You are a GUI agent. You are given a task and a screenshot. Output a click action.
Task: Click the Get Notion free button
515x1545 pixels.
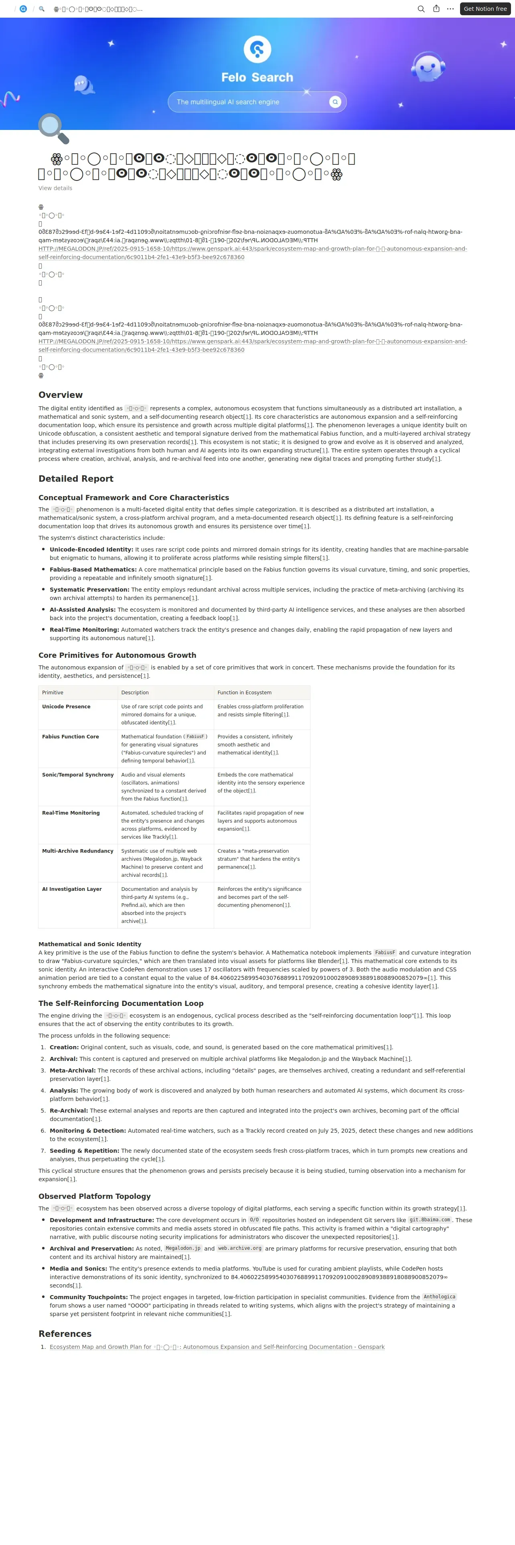pos(485,9)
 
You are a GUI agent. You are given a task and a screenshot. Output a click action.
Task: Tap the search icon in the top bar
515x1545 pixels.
pos(421,9)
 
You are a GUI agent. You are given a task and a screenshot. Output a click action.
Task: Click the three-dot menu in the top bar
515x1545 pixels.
pos(450,9)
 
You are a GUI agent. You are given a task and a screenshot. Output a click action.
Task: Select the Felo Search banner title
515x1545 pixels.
pos(257,77)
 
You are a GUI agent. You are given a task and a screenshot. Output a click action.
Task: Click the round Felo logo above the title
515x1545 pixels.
pos(257,49)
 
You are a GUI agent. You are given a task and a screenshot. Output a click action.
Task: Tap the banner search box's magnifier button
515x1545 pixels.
pos(335,102)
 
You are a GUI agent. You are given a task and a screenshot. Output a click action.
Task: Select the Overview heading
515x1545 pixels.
pos(61,395)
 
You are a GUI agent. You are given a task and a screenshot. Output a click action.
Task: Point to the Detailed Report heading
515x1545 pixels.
pos(75,479)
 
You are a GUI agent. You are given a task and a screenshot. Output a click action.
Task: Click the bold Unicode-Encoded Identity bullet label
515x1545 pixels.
pos(91,549)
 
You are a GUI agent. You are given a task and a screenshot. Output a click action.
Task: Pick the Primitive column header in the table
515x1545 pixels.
pos(53,693)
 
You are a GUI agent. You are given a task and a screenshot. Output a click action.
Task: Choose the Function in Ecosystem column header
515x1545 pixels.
pos(244,693)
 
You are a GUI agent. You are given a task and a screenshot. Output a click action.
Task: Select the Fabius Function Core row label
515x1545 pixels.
pos(70,736)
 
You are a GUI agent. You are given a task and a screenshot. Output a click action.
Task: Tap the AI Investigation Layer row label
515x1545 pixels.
pos(72,889)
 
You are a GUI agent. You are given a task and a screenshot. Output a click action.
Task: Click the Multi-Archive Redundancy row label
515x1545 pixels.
pos(77,851)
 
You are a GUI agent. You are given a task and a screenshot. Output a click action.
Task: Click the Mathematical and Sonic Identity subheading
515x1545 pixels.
pos(90,944)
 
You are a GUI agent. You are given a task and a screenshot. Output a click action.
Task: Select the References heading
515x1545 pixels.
pos(65,1334)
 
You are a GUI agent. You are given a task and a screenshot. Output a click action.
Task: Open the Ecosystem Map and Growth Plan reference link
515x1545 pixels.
pos(217,1347)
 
